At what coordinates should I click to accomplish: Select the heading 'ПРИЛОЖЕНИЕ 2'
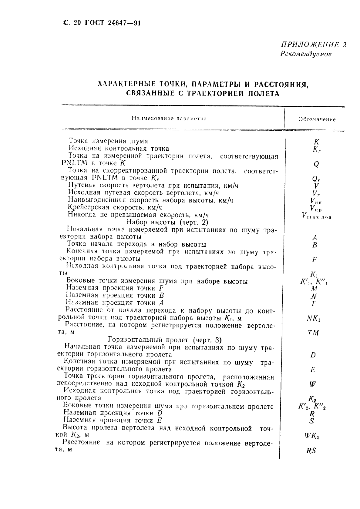(314, 45)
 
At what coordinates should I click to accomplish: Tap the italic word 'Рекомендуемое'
(306, 54)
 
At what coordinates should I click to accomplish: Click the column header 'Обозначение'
(317, 119)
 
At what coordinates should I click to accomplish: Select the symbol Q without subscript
(316, 164)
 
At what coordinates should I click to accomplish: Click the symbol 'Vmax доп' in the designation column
(316, 216)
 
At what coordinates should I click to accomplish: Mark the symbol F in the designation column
(314, 260)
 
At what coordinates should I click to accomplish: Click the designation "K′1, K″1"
(313, 282)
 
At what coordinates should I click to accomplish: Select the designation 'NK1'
(314, 318)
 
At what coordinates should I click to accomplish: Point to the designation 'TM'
(313, 333)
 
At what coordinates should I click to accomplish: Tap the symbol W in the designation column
(313, 384)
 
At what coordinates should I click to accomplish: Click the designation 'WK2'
(311, 436)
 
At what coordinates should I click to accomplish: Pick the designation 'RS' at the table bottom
(311, 450)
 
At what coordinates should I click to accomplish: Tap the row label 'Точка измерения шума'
(108, 141)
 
